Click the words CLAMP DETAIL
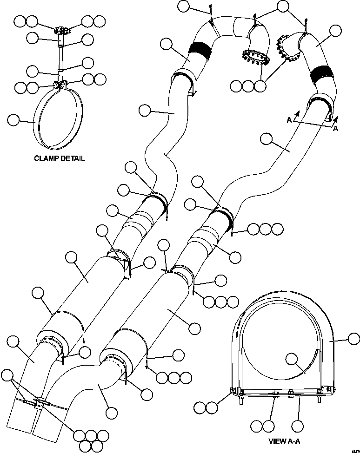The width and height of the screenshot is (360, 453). tap(60, 158)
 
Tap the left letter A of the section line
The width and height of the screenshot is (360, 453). tap(289, 120)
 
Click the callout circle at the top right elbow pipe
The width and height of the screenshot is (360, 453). tap(335, 32)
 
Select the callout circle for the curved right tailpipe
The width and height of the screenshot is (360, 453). tap(112, 412)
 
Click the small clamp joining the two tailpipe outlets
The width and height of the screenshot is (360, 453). tap(37, 401)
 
